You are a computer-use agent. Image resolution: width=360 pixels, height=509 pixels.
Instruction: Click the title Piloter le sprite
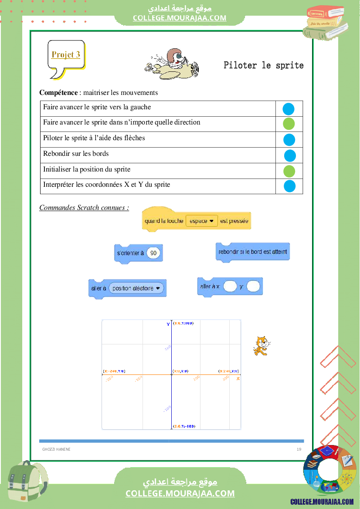coord(263,65)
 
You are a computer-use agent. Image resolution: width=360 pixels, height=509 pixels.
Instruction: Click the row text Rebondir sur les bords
coord(76,153)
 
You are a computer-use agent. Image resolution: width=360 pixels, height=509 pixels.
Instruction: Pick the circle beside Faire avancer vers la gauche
coord(289,109)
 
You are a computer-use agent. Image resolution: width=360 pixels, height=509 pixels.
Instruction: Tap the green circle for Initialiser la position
coord(289,171)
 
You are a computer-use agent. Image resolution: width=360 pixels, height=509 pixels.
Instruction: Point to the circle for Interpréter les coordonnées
coord(290,186)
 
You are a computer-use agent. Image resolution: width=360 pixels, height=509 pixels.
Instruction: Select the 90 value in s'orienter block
coord(153,253)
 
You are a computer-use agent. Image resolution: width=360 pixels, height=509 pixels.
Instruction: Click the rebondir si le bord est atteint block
coord(252,252)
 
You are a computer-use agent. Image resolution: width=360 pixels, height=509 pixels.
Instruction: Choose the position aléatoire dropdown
coord(136,288)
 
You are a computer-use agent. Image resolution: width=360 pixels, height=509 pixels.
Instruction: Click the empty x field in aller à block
coord(230,287)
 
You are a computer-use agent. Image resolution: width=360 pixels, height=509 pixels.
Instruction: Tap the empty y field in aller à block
coord(253,287)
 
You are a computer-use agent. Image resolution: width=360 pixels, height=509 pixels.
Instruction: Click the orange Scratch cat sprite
coord(261,346)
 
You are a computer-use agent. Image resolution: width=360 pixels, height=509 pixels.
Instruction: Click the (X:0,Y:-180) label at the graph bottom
coord(184,426)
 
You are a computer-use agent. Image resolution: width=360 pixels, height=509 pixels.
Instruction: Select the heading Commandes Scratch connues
coord(84,207)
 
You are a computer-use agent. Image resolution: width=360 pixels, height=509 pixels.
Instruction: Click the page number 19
coord(299,449)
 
